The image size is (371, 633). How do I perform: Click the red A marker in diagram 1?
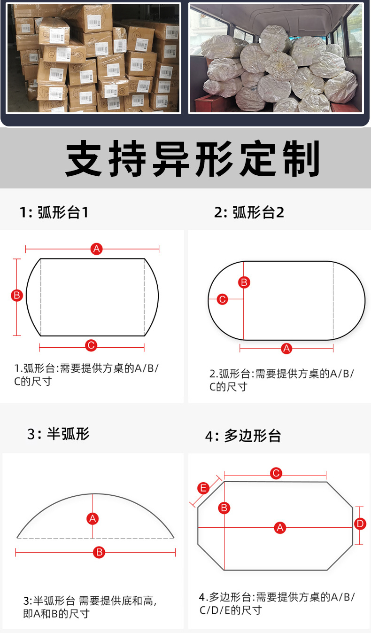(x=97, y=249)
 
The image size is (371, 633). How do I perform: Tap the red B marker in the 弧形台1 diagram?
(x=17, y=296)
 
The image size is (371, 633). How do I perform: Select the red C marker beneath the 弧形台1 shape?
(x=91, y=346)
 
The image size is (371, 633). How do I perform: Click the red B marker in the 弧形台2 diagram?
(x=244, y=282)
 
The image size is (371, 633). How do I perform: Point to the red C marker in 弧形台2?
(x=223, y=299)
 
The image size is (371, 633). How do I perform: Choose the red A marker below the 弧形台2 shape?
(x=286, y=348)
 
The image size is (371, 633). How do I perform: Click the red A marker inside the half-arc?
(x=93, y=519)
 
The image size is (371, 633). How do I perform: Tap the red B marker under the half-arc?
(x=99, y=552)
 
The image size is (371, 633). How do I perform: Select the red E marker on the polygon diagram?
(x=203, y=488)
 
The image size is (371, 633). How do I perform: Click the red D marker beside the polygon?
(x=360, y=524)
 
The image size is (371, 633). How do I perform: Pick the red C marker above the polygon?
(x=276, y=473)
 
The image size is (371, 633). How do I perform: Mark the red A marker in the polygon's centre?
(x=280, y=528)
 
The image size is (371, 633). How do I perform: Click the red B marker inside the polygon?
(x=224, y=508)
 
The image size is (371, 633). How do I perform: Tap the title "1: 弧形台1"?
(x=54, y=212)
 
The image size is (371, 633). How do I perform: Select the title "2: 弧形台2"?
(x=249, y=213)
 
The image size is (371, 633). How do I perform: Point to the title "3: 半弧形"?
(x=58, y=433)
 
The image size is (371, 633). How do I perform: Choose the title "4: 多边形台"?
(x=243, y=436)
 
